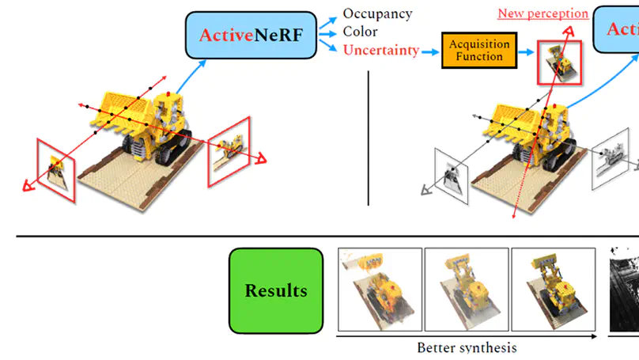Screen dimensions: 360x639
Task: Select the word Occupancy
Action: pos(377,13)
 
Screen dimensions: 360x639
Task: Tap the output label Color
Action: pos(360,32)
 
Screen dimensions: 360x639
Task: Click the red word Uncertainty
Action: pos(380,50)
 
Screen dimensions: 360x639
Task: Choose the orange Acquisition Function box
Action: pos(479,51)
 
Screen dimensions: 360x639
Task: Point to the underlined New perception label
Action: pos(543,13)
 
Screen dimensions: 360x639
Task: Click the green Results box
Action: pos(276,290)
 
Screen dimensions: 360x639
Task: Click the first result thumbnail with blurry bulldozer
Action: pos(379,290)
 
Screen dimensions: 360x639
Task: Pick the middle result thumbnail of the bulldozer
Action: pos(465,290)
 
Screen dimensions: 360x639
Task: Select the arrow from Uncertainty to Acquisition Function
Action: pos(430,51)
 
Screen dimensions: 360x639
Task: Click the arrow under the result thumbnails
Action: pos(467,335)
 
